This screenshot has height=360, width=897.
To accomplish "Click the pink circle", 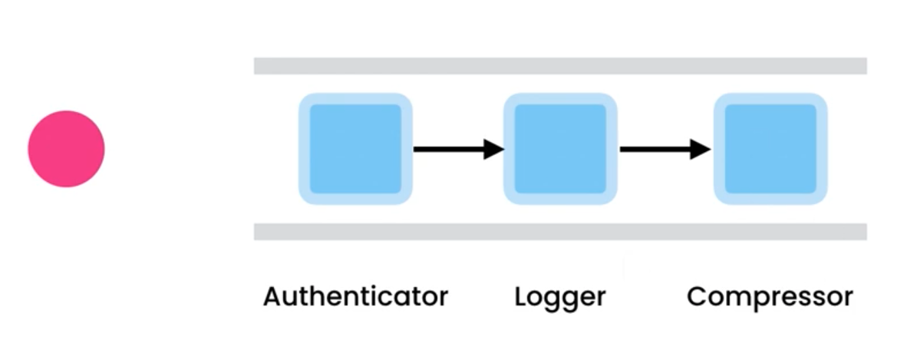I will (x=66, y=149).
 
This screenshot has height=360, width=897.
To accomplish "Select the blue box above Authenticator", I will (x=355, y=149).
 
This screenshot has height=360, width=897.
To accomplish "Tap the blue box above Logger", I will (x=560, y=149).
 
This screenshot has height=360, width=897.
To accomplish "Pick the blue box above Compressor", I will (x=770, y=149).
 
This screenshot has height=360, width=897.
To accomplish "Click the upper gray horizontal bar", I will (x=560, y=66).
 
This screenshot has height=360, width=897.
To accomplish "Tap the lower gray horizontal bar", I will (x=560, y=232).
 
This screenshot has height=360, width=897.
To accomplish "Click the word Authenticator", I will (x=355, y=296).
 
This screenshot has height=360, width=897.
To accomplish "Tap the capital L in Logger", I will (x=521, y=296).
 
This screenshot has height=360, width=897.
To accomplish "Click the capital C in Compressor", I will (x=697, y=296).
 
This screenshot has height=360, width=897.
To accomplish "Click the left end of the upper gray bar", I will (x=258, y=66).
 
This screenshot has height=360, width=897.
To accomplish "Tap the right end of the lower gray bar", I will (x=863, y=232).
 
